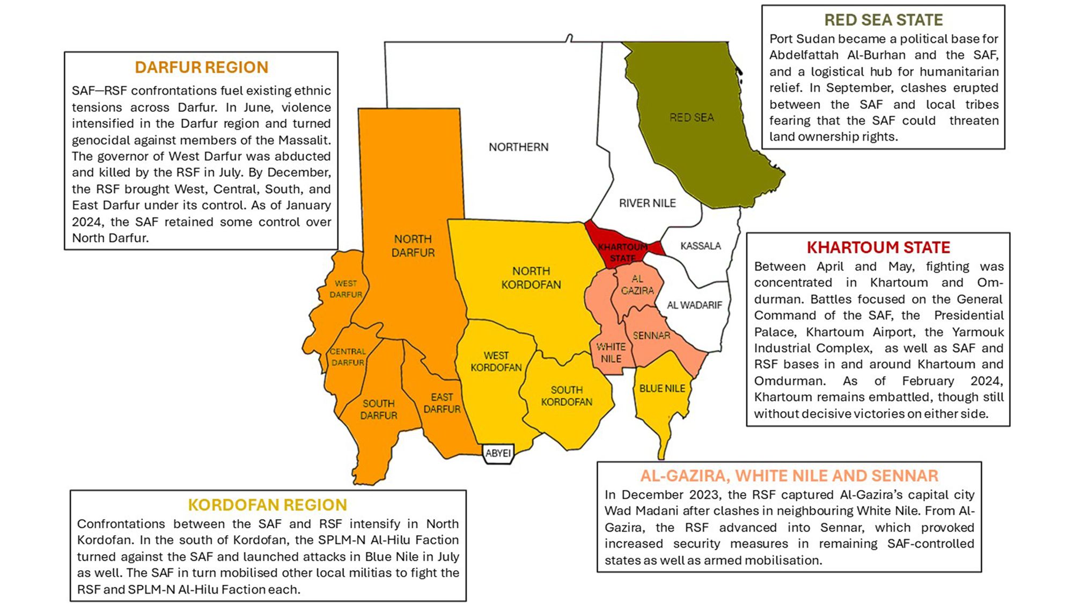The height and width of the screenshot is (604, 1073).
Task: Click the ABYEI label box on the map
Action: pos(498,453)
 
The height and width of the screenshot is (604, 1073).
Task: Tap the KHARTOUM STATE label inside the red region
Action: pos(622,252)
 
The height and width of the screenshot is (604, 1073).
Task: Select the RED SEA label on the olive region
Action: pos(692,118)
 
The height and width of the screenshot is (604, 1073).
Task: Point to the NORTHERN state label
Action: pos(518,147)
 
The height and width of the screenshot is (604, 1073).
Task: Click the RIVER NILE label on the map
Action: pos(647,203)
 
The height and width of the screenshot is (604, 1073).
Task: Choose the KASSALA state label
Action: pos(700,246)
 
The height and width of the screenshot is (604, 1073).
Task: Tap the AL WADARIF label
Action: pos(694,305)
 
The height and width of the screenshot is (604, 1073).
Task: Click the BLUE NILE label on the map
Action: pos(662,388)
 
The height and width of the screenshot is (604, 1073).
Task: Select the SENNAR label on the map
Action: pos(651,336)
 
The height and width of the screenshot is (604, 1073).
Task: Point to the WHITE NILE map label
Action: pos(611,353)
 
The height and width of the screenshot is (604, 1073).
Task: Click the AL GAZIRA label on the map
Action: pos(637,285)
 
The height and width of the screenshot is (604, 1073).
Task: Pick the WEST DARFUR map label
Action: pos(346,289)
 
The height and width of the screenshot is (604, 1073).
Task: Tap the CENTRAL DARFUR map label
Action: pos(348,357)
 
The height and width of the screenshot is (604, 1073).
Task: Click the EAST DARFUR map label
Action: pos(442,403)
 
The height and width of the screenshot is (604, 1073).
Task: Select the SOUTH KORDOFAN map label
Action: pos(567,396)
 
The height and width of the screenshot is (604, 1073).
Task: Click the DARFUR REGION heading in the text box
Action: pos(201,68)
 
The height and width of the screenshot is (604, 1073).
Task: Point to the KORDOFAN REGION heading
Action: pos(267,505)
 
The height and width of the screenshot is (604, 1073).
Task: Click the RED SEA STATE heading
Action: pos(883,20)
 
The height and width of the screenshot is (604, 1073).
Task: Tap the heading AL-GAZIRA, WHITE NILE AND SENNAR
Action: pos(789,476)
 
